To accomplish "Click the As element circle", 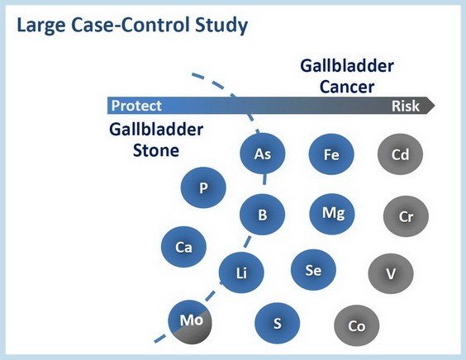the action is pyautogui.click(x=263, y=154).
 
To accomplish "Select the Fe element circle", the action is pyautogui.click(x=331, y=154).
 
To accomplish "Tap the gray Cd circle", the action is pyautogui.click(x=400, y=154).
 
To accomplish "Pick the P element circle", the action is pyautogui.click(x=203, y=187).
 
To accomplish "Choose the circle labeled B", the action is pyautogui.click(x=262, y=214).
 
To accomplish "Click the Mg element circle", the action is pyautogui.click(x=332, y=214).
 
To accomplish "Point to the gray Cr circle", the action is pyautogui.click(x=406, y=216).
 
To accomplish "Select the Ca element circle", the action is pyautogui.click(x=183, y=247).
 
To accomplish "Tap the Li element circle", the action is pyautogui.click(x=241, y=272).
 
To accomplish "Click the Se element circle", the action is pyautogui.click(x=313, y=270).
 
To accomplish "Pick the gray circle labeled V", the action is pyautogui.click(x=391, y=273).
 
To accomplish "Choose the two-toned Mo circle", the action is pyautogui.click(x=190, y=322).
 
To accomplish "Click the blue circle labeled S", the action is pyautogui.click(x=278, y=323).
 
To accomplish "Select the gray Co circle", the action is pyautogui.click(x=357, y=325).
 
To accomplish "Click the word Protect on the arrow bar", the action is pyautogui.click(x=136, y=106).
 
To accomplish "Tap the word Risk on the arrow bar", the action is pyautogui.click(x=406, y=106).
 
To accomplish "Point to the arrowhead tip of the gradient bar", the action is pyautogui.click(x=435, y=105).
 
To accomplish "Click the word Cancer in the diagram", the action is pyautogui.click(x=347, y=87).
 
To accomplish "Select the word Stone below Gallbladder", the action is pyautogui.click(x=156, y=150).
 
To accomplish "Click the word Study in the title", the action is pyautogui.click(x=221, y=26).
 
